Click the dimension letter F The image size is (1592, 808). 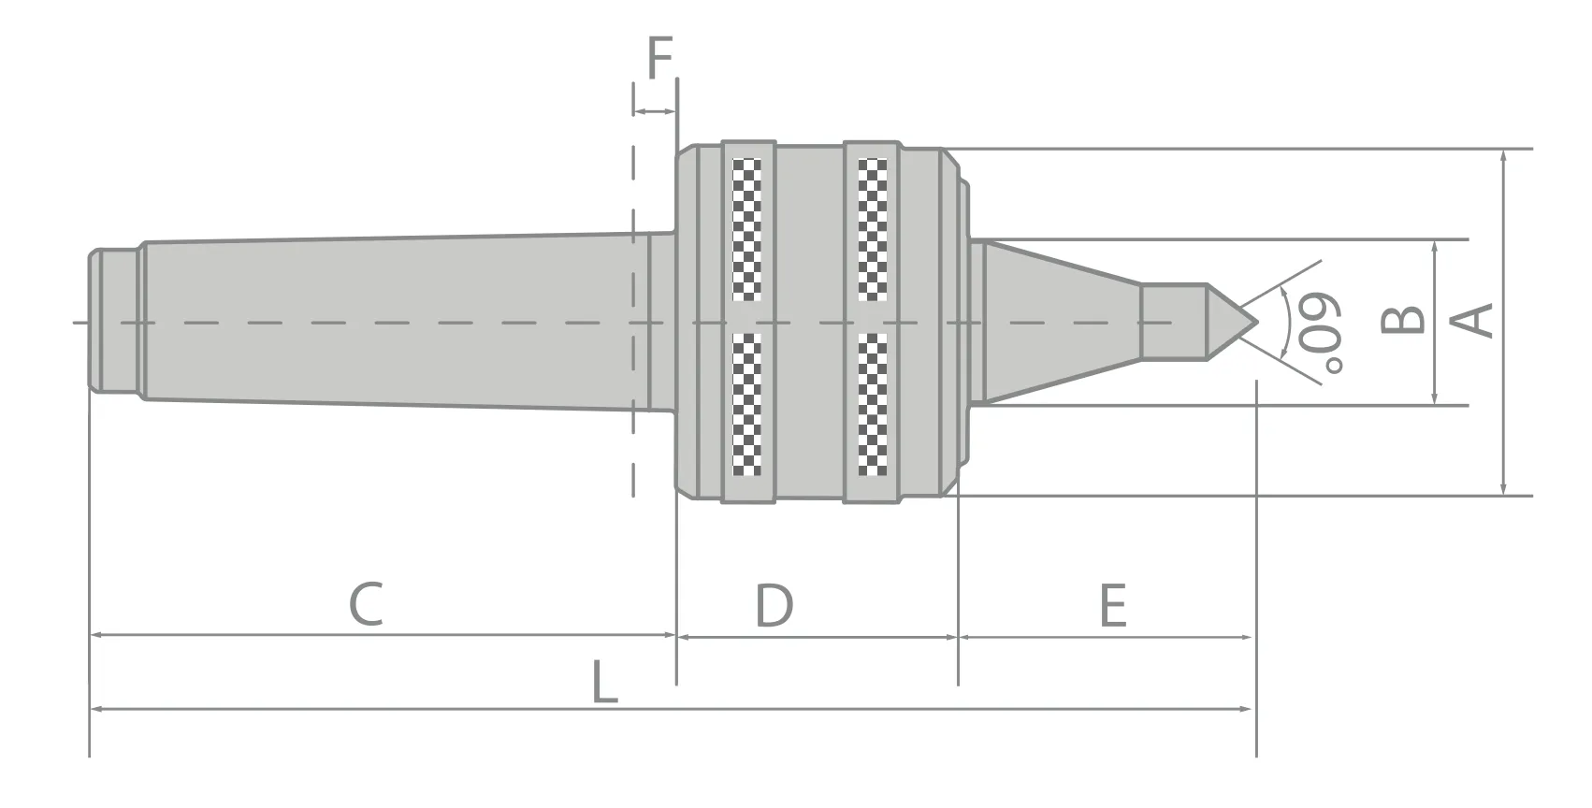[660, 59]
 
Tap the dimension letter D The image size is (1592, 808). [774, 605]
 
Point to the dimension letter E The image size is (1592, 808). [1112, 605]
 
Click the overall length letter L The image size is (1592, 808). [605, 682]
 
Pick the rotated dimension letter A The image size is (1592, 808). [1471, 321]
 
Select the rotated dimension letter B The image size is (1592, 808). [1403, 321]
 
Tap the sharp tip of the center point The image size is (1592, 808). [1257, 322]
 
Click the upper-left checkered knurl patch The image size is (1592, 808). [746, 229]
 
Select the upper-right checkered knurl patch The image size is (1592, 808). [873, 229]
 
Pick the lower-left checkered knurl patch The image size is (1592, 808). [746, 404]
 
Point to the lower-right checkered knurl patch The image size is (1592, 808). [873, 404]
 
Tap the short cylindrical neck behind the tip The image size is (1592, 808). [1173, 322]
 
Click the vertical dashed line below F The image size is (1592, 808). [633, 374]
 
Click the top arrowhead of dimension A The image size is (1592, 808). [1503, 156]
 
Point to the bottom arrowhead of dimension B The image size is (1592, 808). [1435, 398]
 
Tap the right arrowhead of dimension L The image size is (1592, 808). [1248, 709]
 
